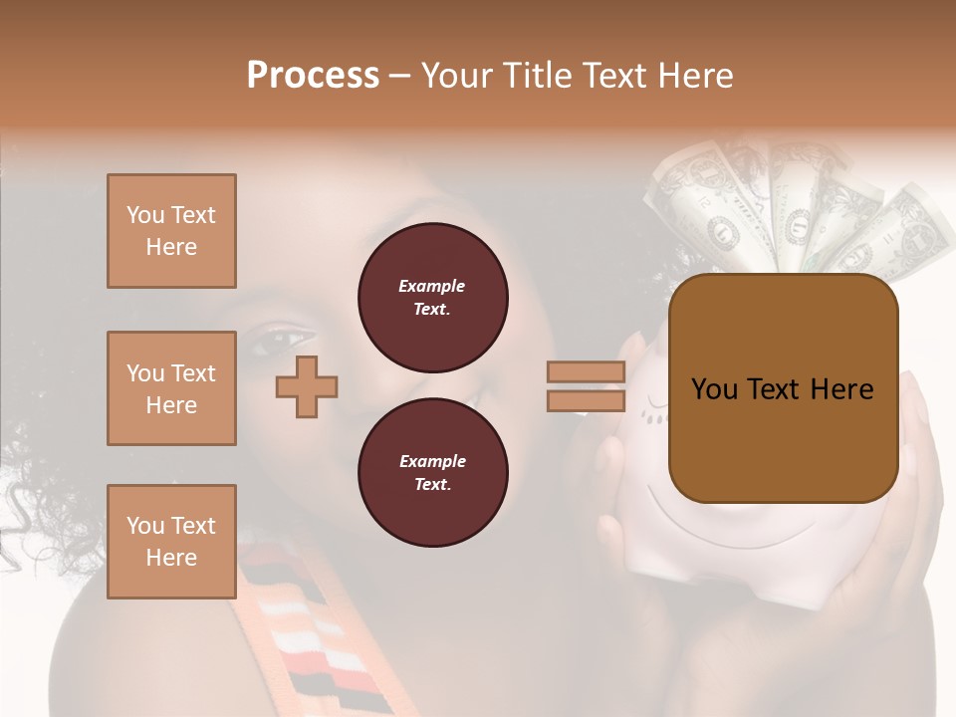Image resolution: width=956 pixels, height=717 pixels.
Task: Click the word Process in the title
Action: coord(313,76)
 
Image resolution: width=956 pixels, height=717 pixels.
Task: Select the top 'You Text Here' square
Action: coord(171,231)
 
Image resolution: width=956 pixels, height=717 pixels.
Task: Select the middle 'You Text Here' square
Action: coord(171,388)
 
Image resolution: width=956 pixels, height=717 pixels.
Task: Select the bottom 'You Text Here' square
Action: coord(171,542)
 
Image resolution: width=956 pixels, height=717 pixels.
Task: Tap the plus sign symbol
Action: coord(307,386)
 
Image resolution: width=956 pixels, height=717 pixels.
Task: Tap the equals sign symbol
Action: coord(586,386)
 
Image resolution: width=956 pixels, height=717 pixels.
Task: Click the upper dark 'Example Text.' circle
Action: coord(432,297)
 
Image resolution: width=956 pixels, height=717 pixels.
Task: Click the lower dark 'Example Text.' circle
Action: coord(432,472)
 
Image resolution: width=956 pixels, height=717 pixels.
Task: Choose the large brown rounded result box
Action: coord(783,387)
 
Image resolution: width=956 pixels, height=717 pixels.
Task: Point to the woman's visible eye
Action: coord(271,344)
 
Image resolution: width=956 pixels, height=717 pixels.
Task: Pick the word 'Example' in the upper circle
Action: coord(432,286)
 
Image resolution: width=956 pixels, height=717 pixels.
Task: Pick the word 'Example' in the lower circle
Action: coord(432,461)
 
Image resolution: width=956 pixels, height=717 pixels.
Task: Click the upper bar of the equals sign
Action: coord(586,372)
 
